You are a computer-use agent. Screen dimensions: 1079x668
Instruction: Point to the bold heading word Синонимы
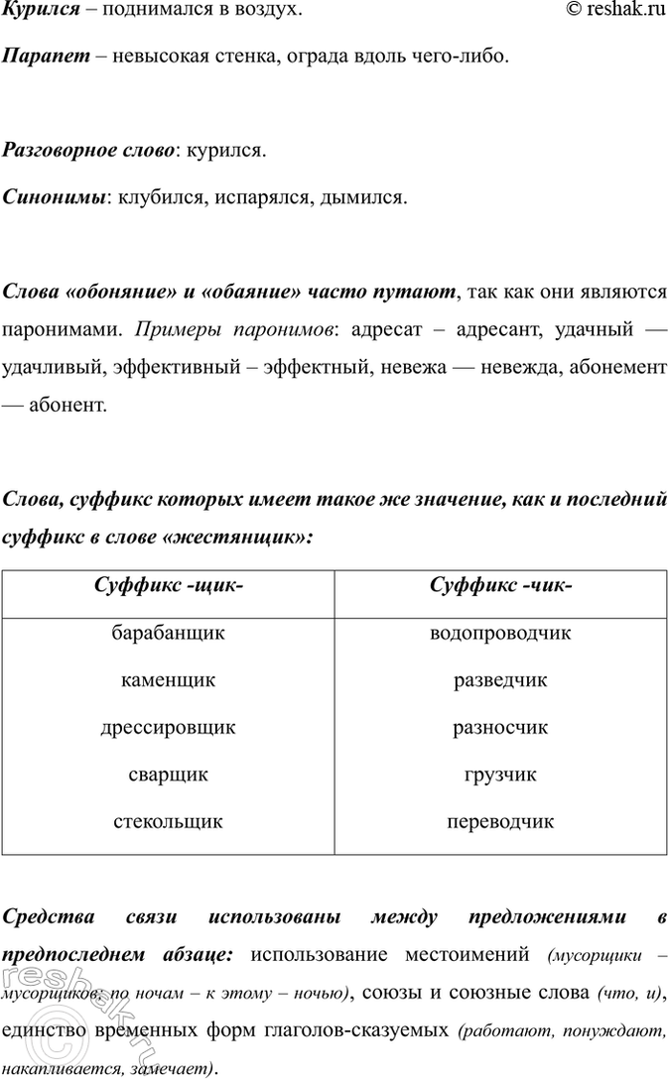coord(55,198)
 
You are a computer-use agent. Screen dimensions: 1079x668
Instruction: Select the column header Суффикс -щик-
coord(168,586)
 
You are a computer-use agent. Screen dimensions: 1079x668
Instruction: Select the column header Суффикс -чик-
coord(500,586)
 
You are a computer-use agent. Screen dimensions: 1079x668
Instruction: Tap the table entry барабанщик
coord(168,634)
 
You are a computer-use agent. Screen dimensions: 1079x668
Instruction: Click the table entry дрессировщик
coord(168,728)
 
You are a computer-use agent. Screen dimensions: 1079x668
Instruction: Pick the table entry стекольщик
coord(168,822)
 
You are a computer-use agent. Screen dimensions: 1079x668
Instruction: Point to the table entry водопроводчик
coord(500,634)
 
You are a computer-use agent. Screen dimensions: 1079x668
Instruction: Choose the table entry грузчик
coord(500,775)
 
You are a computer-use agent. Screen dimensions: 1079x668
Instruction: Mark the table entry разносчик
coord(500,728)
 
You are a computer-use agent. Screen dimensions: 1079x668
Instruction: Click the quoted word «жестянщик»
coord(245,537)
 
